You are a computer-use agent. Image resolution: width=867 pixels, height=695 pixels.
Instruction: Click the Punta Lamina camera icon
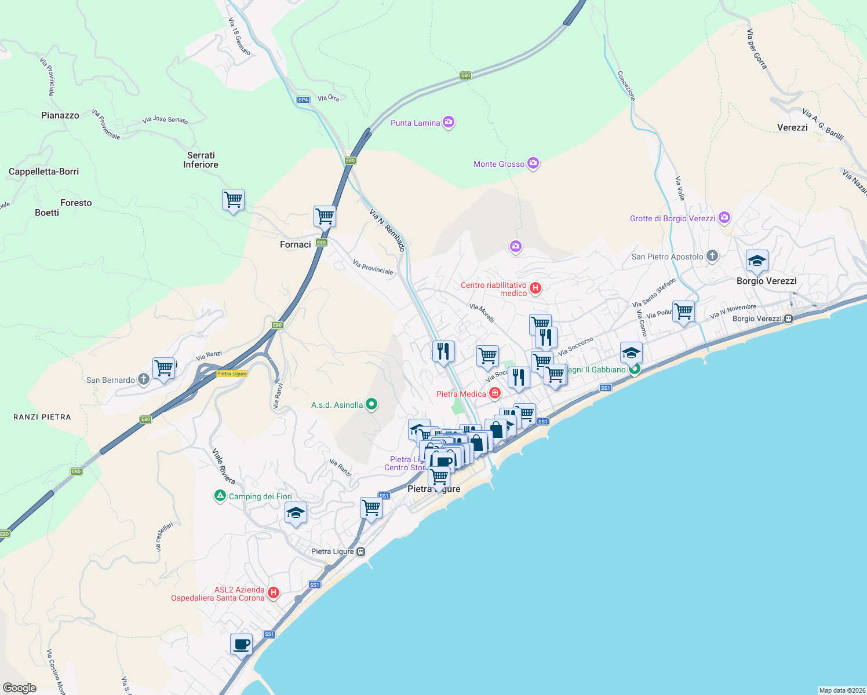pyautogui.click(x=448, y=122)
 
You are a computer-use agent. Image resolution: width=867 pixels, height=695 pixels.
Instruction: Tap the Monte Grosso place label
pyautogui.click(x=498, y=164)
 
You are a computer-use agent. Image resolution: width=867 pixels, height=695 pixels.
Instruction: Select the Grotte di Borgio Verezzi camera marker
pyautogui.click(x=724, y=218)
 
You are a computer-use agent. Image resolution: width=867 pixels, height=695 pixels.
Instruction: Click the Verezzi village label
pyautogui.click(x=792, y=127)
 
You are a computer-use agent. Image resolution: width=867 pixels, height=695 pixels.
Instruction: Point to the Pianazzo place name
pyautogui.click(x=60, y=115)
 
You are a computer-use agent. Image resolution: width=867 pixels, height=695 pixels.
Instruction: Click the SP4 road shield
pyautogui.click(x=303, y=100)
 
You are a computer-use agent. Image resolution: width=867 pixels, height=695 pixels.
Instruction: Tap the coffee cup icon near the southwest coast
pyautogui.click(x=241, y=644)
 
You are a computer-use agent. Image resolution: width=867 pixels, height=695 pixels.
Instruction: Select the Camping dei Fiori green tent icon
pyautogui.click(x=220, y=496)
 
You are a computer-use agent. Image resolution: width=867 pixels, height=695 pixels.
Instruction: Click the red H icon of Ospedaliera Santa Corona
pyautogui.click(x=274, y=593)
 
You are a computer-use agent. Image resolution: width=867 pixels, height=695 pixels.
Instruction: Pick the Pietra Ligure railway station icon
pyautogui.click(x=361, y=551)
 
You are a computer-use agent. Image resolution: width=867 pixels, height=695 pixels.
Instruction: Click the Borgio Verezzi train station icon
pyautogui.click(x=788, y=319)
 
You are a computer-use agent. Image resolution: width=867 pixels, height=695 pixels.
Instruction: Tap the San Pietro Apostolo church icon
pyautogui.click(x=712, y=256)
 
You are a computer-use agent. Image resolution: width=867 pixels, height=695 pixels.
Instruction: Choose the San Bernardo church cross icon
pyautogui.click(x=144, y=379)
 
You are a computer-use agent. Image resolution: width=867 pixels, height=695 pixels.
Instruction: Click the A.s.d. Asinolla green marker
pyautogui.click(x=371, y=404)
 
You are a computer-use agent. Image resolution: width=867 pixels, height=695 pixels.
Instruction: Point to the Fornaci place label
pyautogui.click(x=296, y=244)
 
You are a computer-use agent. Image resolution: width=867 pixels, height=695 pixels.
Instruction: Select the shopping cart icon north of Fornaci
pyautogui.click(x=325, y=216)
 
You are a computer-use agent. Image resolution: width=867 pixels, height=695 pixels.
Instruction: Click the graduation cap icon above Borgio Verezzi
pyautogui.click(x=757, y=261)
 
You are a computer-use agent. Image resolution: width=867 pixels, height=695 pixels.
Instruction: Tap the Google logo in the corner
pyautogui.click(x=20, y=687)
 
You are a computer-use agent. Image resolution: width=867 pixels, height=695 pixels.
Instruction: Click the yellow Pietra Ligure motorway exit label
pyautogui.click(x=232, y=374)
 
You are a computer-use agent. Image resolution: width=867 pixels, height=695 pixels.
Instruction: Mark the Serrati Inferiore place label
pyautogui.click(x=201, y=160)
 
